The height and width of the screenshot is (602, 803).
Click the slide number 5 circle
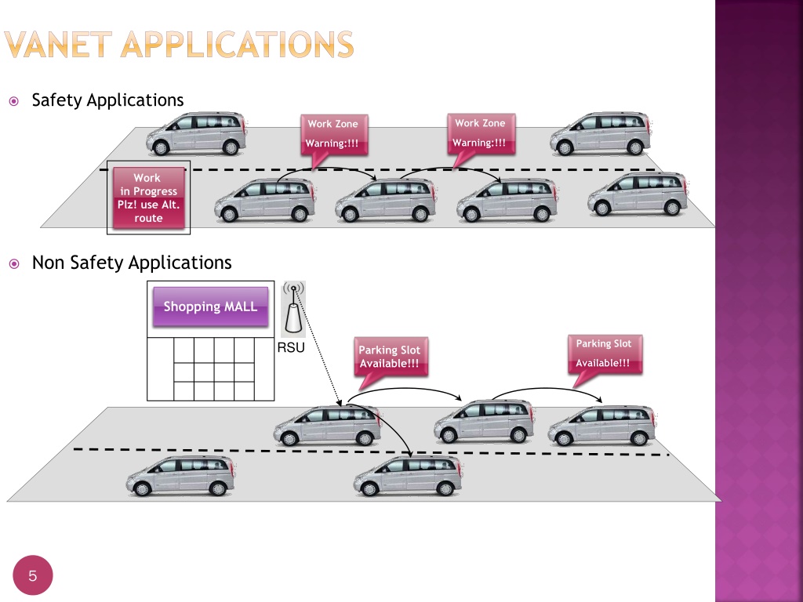[x=33, y=575]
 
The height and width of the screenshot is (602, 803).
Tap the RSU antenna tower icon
[x=293, y=309]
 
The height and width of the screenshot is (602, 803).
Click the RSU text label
[x=291, y=348]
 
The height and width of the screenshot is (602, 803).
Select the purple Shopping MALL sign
[x=210, y=306]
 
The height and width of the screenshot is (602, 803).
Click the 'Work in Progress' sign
[x=148, y=198]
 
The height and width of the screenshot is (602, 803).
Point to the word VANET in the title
[x=58, y=44]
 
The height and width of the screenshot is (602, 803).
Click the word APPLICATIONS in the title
[x=237, y=44]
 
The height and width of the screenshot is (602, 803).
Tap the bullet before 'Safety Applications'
[x=14, y=101]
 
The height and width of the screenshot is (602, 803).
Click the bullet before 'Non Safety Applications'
[x=14, y=263]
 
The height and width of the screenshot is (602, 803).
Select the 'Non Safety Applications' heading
[x=132, y=263]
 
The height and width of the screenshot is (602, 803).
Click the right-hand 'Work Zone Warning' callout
[x=481, y=136]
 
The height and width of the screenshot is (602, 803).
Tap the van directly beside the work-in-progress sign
[x=265, y=200]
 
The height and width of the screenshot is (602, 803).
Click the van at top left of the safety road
[x=197, y=133]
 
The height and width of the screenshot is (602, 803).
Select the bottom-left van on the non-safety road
[x=181, y=476]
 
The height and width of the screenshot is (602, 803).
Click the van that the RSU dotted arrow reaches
[x=328, y=426]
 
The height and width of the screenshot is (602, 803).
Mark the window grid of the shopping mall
[x=214, y=369]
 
